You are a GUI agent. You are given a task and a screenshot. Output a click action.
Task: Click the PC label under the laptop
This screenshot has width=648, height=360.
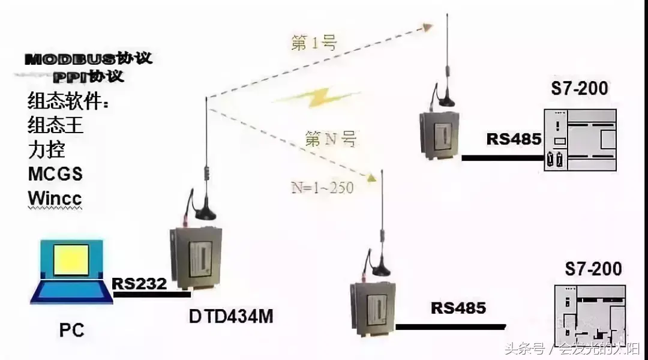point(71,329)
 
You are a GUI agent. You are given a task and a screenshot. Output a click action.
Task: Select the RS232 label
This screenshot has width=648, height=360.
point(139,283)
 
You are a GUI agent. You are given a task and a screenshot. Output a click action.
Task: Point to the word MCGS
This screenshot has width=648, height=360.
point(55,174)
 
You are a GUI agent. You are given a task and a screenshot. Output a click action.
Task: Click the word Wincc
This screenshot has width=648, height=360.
point(55,198)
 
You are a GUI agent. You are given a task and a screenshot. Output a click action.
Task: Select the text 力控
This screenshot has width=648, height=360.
point(46,149)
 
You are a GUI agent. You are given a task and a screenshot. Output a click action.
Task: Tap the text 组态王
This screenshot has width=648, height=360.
point(55,125)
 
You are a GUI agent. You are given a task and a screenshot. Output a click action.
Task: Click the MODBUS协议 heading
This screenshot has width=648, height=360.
point(88,59)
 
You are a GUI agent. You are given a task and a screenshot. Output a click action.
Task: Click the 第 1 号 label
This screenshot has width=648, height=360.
point(314,43)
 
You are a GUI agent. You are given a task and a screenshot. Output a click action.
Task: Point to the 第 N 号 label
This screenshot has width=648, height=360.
point(331,140)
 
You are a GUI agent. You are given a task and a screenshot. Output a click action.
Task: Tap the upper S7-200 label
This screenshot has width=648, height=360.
point(579,89)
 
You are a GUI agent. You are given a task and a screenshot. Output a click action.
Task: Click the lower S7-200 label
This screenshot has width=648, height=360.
point(593,268)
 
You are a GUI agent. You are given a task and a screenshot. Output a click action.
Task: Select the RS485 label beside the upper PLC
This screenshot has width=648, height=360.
point(514,139)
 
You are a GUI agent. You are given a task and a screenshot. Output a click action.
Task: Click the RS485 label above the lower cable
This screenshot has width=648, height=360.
point(458,308)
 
